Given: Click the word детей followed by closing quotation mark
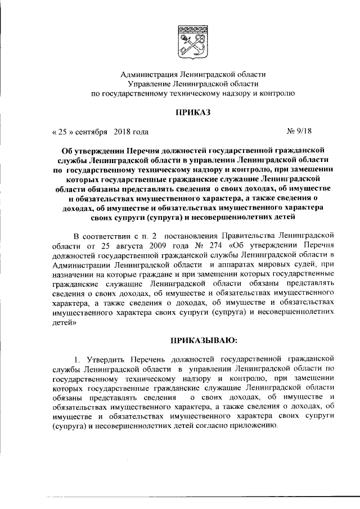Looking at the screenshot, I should [x=63, y=324].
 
